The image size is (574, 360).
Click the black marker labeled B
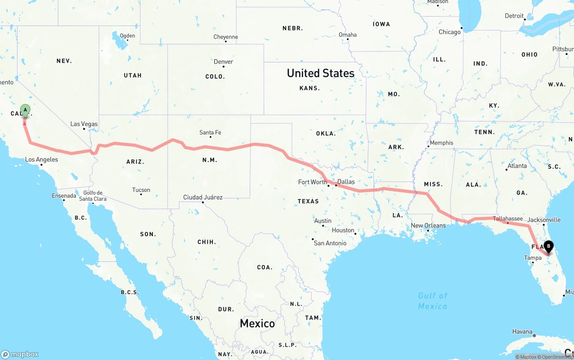[x=548, y=246]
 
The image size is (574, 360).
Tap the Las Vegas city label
[x=84, y=124]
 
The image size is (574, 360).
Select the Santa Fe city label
[x=210, y=132]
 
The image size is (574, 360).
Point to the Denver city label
[x=223, y=61]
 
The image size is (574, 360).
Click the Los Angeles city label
[x=41, y=159]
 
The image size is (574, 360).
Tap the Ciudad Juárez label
[x=203, y=197]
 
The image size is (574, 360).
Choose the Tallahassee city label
[x=508, y=219]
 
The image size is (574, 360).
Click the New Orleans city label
[x=428, y=226]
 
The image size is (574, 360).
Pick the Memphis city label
[x=441, y=143]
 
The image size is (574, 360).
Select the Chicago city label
[x=449, y=32]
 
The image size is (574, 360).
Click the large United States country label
[x=321, y=73]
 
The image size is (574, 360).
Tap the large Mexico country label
[x=257, y=323]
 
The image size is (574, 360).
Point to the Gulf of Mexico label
[x=433, y=301]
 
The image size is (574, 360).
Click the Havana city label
[x=523, y=332]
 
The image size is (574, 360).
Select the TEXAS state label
[x=308, y=201]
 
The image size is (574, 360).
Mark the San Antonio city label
[x=330, y=243]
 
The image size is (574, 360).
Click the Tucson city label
[x=141, y=190]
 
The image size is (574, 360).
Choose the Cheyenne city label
[x=226, y=37]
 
